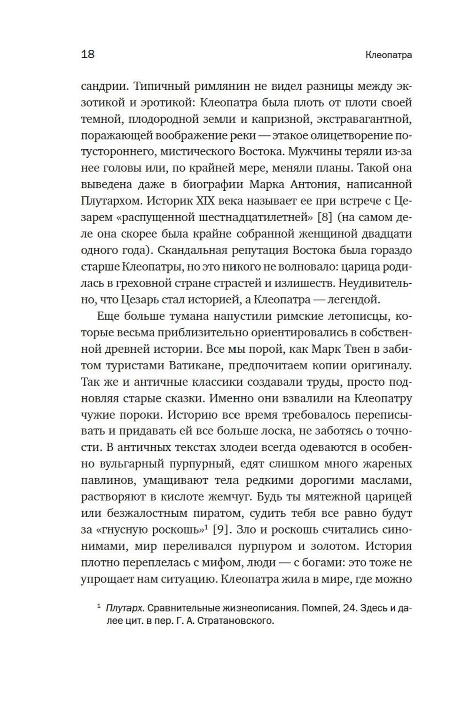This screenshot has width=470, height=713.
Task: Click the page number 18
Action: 88,54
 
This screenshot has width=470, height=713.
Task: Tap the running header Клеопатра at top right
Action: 388,55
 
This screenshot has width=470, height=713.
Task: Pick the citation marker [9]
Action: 220,529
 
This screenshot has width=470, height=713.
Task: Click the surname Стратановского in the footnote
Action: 234,621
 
